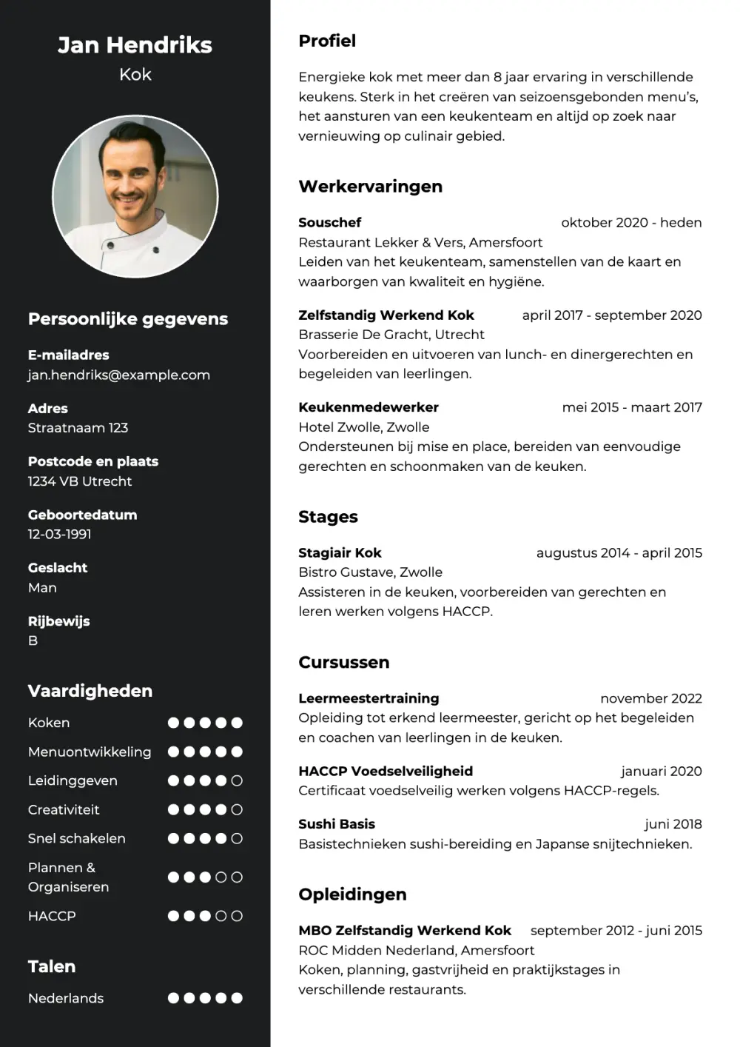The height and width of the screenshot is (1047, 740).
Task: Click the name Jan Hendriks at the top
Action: coord(135,45)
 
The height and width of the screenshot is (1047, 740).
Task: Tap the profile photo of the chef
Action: coord(135,197)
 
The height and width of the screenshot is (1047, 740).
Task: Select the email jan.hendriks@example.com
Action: coord(118,375)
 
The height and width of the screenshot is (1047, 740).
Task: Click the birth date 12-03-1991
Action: coord(59,534)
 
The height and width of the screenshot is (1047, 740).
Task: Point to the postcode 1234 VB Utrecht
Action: coord(80,481)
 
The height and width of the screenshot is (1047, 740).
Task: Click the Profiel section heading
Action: coord(326,41)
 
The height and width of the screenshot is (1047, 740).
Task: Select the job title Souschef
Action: coord(329,222)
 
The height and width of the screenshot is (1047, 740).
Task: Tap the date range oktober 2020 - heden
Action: coord(630,222)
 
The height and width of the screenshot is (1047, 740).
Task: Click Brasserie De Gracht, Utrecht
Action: coord(391,334)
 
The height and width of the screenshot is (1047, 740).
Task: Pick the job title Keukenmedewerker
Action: coord(368,407)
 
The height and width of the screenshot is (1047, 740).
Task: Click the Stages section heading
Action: coord(328,517)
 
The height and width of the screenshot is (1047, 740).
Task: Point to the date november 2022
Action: coord(650,698)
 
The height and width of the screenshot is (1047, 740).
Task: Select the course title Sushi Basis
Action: coord(336,823)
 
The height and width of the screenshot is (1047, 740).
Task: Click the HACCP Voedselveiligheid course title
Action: coord(385,771)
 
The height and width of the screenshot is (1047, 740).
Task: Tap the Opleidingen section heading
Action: coord(352,894)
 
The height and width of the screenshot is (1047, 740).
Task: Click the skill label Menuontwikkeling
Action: coord(90,752)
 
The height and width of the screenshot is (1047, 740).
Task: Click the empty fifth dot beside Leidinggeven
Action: coord(237,780)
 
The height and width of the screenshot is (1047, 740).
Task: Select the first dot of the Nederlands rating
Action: coord(173,998)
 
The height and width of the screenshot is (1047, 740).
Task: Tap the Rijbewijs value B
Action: coord(33,640)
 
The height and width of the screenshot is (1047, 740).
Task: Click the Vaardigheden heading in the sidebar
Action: coord(90,691)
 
